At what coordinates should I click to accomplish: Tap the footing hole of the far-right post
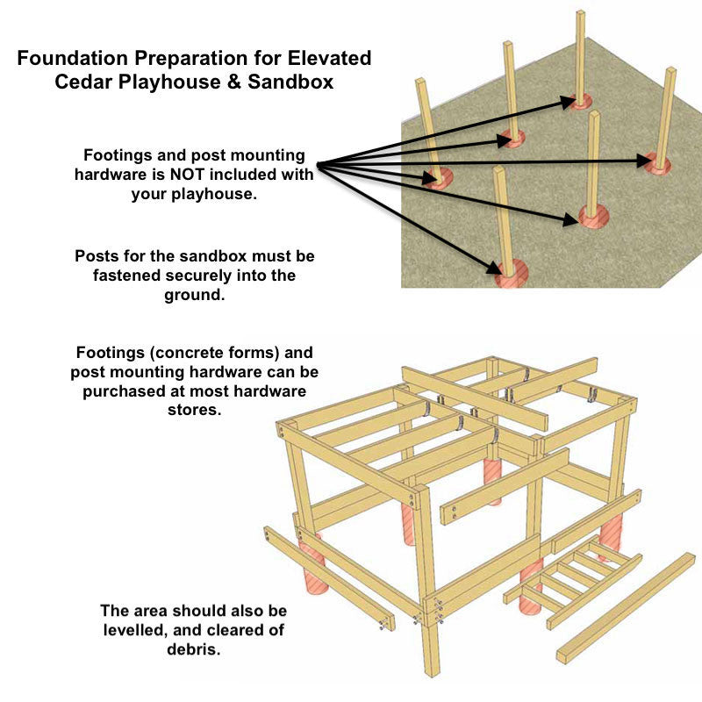click(x=658, y=163)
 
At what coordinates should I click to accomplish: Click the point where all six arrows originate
click(x=317, y=164)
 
